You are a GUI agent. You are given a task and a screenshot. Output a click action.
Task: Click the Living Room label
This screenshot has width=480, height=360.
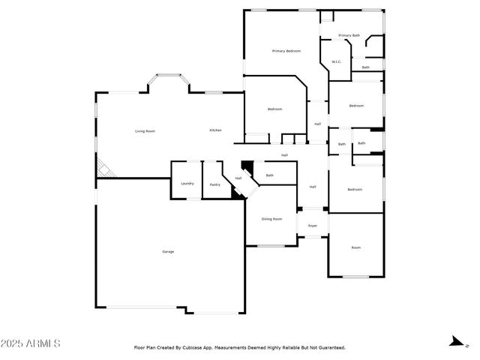pos(145,131)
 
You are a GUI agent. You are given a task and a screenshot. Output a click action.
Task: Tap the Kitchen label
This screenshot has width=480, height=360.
pos(215,130)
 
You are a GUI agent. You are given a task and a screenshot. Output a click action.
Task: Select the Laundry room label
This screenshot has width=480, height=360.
pos(187,184)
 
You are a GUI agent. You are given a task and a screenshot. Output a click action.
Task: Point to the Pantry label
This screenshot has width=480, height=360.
pos(214,184)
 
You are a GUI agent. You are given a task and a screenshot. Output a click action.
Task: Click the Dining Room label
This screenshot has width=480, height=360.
pos(271,219)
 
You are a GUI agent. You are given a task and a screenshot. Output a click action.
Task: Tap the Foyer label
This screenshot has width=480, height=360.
pos(312,225)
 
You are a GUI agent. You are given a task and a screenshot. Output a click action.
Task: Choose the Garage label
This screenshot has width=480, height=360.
pos(168,251)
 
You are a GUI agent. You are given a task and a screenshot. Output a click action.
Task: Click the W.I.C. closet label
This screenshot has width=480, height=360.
pos(337,61)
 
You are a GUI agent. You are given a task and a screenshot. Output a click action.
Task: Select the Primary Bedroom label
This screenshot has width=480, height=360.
pos(286,51)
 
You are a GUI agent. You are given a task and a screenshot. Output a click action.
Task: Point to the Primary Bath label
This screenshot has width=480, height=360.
pos(349,35)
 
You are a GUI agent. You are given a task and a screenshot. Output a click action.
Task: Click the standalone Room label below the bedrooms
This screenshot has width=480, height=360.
pos(356,247)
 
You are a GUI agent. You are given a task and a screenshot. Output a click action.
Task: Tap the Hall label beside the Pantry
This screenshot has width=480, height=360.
pos(238,178)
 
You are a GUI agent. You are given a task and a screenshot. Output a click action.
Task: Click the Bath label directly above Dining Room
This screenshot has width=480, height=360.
pos(269,175)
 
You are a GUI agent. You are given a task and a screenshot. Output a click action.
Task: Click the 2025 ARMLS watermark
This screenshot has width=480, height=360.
pos(31,343)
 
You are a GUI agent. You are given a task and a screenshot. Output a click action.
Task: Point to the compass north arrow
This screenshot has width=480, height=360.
pos(454,343)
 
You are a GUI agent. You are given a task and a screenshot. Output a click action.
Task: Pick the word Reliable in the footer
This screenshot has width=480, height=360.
pos(288,348)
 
